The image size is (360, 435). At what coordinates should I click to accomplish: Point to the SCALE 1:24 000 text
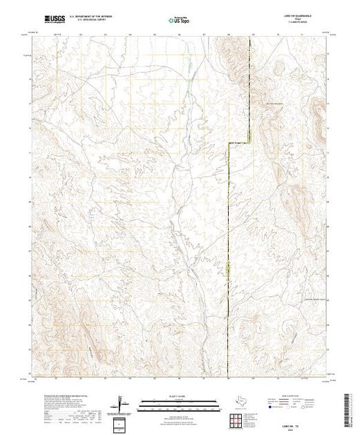click(x=178, y=397)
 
